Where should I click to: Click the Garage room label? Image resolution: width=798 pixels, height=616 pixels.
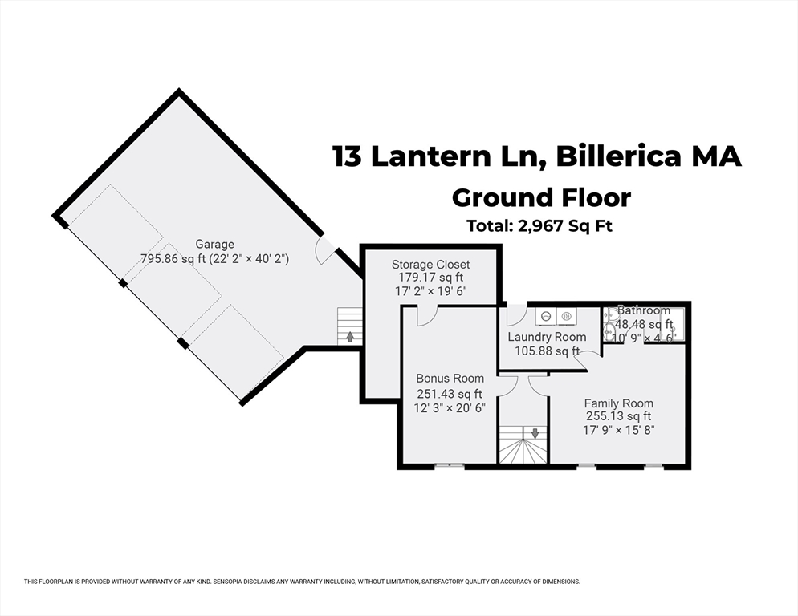point(214,245)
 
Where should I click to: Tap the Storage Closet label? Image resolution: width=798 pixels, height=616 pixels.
point(430,265)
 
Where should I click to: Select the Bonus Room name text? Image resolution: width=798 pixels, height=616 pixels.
point(450,379)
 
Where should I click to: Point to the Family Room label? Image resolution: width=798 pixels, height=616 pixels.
point(618,403)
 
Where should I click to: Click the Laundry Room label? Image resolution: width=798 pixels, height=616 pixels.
point(547,337)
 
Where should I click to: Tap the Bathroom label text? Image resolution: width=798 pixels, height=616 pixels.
point(643,310)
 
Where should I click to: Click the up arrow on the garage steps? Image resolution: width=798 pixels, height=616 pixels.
point(350,337)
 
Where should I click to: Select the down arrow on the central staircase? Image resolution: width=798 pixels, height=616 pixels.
point(535,433)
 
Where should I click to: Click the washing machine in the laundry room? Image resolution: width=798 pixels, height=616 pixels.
point(545,317)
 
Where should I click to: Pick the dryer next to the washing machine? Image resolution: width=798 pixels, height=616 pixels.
point(566,317)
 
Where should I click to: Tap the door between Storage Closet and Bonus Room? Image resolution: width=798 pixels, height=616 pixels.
point(426,315)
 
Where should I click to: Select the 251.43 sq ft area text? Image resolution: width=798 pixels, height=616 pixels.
point(450,394)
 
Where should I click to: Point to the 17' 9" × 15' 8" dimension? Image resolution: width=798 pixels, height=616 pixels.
point(618,430)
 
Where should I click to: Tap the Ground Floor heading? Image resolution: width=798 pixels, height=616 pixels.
point(540,197)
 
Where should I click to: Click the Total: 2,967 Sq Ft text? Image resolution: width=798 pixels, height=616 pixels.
point(539,226)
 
